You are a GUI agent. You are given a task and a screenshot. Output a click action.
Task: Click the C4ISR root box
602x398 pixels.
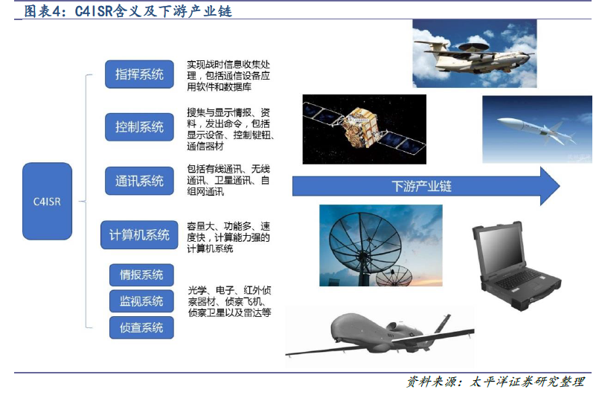click(x=47, y=201)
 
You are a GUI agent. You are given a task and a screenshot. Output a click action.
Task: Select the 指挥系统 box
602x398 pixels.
click(x=139, y=74)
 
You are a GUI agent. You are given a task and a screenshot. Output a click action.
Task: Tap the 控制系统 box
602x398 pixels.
click(x=139, y=126)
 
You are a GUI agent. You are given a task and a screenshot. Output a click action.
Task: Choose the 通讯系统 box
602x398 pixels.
click(x=139, y=180)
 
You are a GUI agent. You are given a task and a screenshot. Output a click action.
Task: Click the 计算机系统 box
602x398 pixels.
click(x=139, y=234)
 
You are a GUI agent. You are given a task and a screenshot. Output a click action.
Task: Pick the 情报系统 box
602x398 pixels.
click(x=141, y=275)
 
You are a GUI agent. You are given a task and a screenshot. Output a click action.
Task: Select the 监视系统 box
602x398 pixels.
click(x=141, y=301)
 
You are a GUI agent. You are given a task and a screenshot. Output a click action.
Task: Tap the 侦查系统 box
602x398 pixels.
click(x=141, y=327)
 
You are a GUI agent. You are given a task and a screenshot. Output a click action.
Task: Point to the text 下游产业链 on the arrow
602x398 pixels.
click(x=422, y=186)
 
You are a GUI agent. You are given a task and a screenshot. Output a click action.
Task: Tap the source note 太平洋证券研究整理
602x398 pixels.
click(x=527, y=382)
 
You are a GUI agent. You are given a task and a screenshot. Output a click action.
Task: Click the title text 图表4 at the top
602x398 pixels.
click(x=42, y=11)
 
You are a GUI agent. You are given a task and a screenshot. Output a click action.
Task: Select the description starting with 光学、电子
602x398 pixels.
click(x=230, y=301)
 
